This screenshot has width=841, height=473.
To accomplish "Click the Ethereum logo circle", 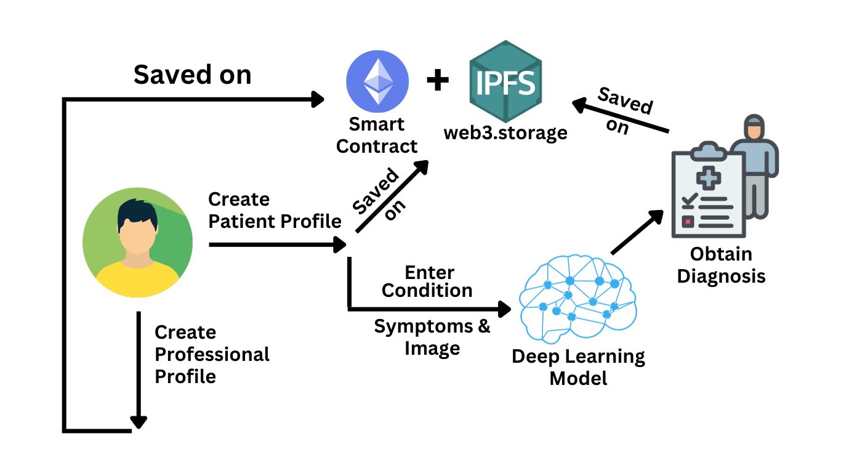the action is pyautogui.click(x=377, y=81).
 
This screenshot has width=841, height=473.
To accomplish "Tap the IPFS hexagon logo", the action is pyautogui.click(x=505, y=81).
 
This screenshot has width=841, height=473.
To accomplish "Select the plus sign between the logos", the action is pyautogui.click(x=438, y=79).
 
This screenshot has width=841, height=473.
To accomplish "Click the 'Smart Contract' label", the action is pyautogui.click(x=377, y=135).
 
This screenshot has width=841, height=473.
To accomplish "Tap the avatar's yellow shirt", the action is pyautogui.click(x=137, y=279).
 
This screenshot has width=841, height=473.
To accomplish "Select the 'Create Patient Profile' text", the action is pyautogui.click(x=275, y=211).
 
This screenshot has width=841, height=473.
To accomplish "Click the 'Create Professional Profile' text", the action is pyautogui.click(x=212, y=354).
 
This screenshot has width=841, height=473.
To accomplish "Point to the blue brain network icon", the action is pyautogui.click(x=578, y=299).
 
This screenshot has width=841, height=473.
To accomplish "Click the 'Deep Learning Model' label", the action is pyautogui.click(x=578, y=367).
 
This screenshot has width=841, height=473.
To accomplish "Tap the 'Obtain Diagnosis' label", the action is pyautogui.click(x=721, y=265).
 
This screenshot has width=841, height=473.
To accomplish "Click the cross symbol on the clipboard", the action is pyautogui.click(x=709, y=178).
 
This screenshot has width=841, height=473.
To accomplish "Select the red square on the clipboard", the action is pyautogui.click(x=688, y=222).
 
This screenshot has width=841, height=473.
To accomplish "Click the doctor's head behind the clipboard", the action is pyautogui.click(x=754, y=127).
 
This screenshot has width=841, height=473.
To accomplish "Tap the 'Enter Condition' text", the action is pyautogui.click(x=427, y=282).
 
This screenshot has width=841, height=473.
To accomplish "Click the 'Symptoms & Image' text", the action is pyautogui.click(x=432, y=338).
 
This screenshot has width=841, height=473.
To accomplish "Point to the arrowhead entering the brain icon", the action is pyautogui.click(x=504, y=309).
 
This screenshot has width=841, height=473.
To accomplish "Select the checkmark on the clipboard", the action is pyautogui.click(x=690, y=200).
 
